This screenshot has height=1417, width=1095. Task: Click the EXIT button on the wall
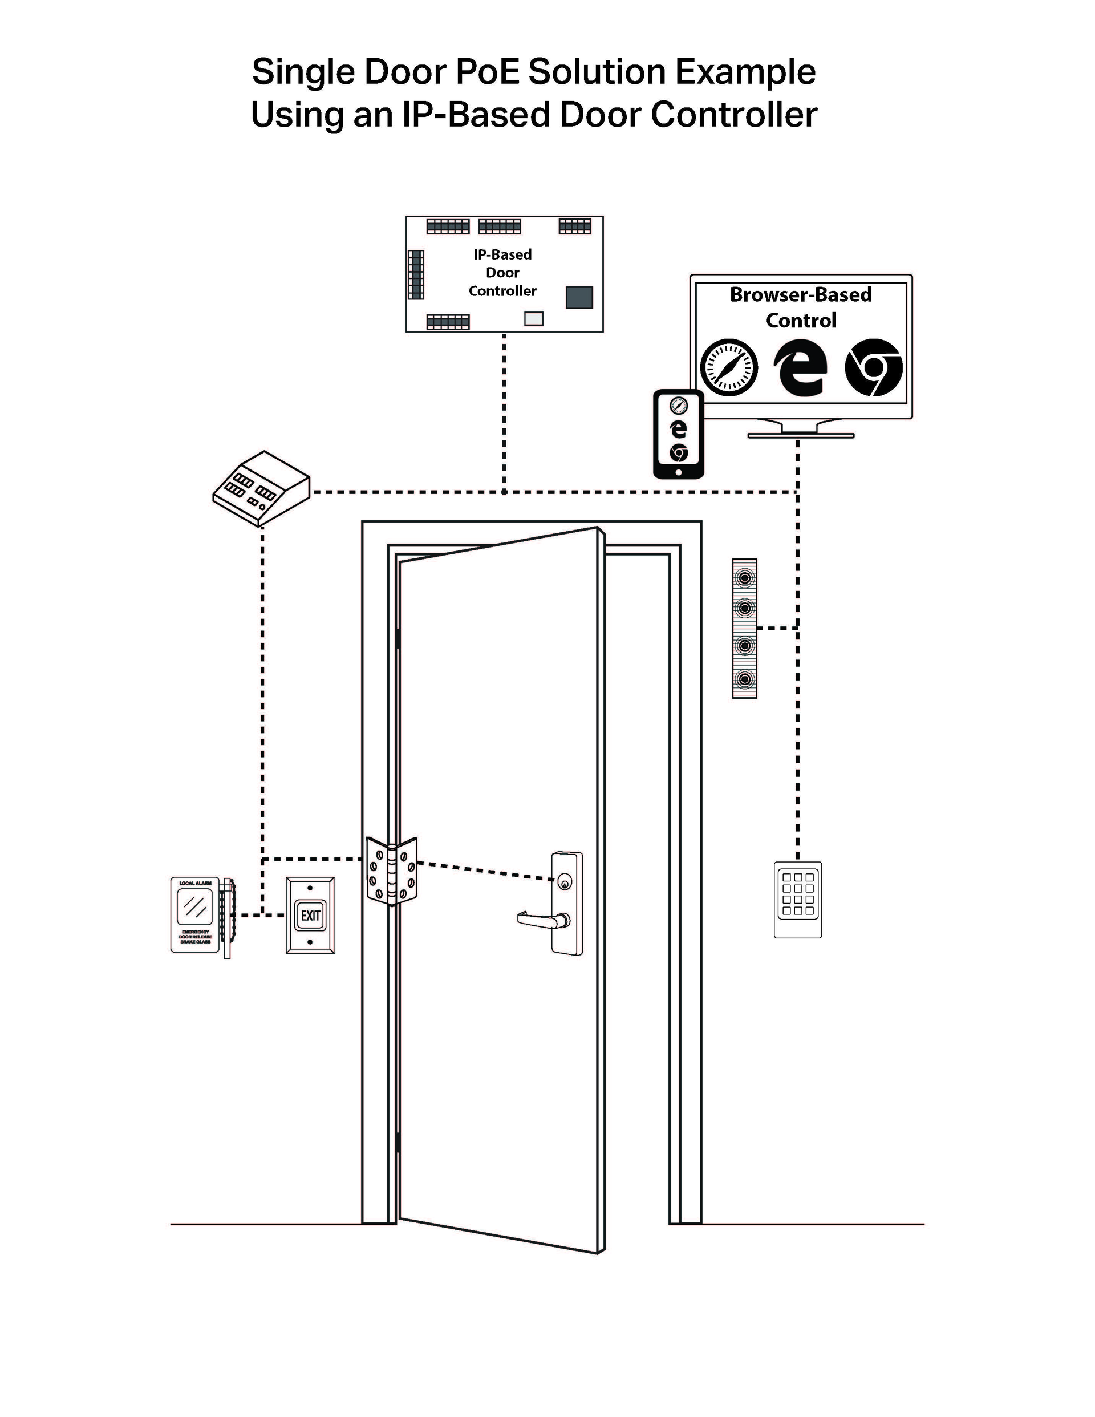tap(310, 916)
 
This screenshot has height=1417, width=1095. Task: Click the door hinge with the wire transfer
tap(391, 871)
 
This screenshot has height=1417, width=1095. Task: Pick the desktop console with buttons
tap(261, 488)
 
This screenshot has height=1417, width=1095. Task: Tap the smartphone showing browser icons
tap(678, 434)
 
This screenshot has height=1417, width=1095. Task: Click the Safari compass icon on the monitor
tap(729, 367)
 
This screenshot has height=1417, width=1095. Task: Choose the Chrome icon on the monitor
tap(873, 367)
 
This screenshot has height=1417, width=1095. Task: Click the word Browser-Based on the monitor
tap(801, 294)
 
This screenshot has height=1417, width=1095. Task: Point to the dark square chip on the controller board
tap(579, 297)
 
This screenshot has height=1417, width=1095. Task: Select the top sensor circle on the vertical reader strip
tap(745, 577)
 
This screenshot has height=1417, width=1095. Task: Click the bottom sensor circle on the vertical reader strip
tap(745, 679)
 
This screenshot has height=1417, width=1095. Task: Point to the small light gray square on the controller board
tap(533, 318)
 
